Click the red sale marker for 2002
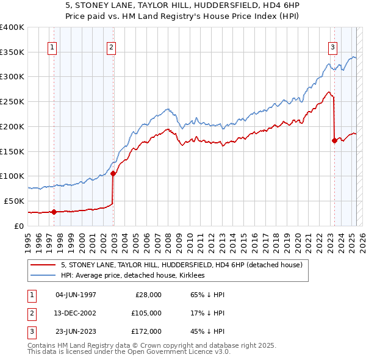point(113,173)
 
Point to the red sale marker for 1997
point(54,212)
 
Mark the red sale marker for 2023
point(334,140)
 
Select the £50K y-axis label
point(14,201)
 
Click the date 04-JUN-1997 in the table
point(76,295)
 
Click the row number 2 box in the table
point(30,313)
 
